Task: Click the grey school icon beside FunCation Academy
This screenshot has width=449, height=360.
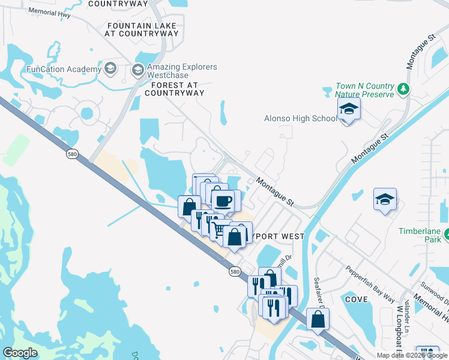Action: click(x=110, y=68)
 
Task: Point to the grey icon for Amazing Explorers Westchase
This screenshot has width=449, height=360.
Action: click(x=137, y=71)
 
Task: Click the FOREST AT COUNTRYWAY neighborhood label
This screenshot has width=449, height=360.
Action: click(x=174, y=89)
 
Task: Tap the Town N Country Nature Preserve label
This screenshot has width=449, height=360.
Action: click(x=364, y=90)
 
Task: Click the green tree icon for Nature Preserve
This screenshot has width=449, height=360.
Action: click(x=404, y=90)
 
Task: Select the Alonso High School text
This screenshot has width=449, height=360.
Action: click(x=301, y=118)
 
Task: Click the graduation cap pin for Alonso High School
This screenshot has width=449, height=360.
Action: click(x=348, y=109)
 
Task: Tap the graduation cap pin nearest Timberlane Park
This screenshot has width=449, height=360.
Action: click(x=385, y=199)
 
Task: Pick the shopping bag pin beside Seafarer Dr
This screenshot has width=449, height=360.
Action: click(x=318, y=319)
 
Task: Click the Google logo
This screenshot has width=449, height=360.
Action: click(x=20, y=352)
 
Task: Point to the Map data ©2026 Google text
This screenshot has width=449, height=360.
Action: click(x=411, y=355)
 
